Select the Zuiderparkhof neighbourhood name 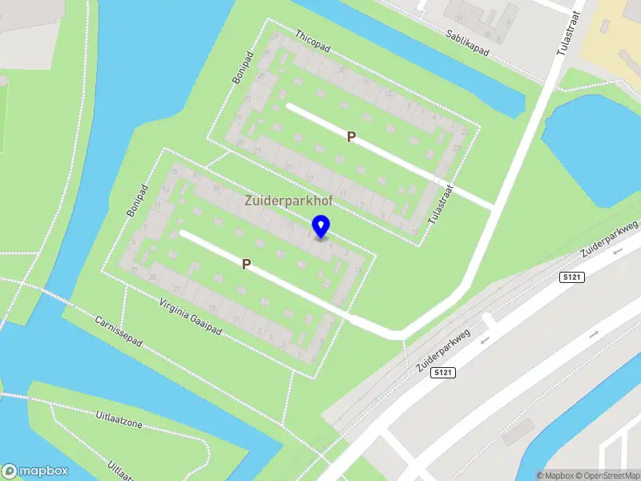(288, 201)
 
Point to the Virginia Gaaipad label (190, 317)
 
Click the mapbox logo (34, 471)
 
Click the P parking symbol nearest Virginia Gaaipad (247, 264)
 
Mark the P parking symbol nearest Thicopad (351, 137)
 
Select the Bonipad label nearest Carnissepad (138, 201)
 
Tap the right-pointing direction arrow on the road (594, 333)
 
